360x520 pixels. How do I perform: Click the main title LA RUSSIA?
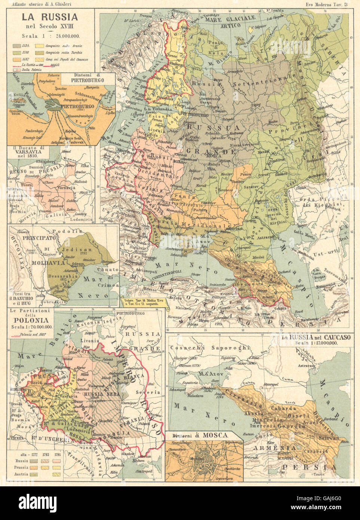[49, 17]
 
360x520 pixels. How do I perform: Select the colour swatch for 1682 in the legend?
[17, 58]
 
